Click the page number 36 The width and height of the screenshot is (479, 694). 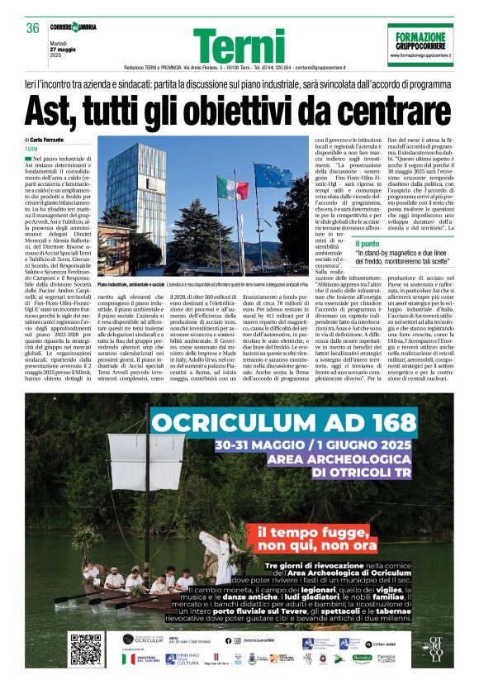point(33,28)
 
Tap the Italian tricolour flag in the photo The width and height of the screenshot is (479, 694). point(231,188)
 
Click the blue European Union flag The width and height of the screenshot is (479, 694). point(273,176)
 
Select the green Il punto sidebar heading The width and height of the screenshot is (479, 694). point(368,244)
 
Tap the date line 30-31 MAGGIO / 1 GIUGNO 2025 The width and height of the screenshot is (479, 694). point(312,444)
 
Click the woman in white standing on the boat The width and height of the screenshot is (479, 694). point(220,558)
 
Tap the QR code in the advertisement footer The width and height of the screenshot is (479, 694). point(85,649)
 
